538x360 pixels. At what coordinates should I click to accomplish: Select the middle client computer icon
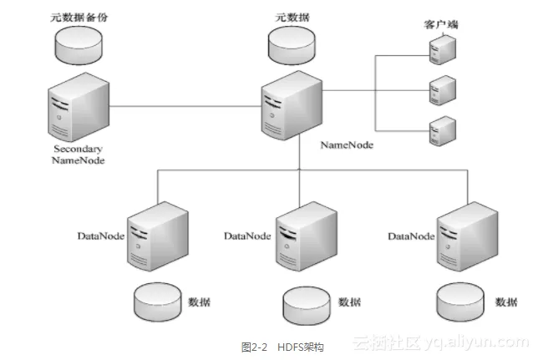[x=440, y=90]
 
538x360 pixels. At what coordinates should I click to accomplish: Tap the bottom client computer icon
[x=440, y=130]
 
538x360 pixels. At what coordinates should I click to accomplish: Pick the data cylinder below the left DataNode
[x=158, y=298]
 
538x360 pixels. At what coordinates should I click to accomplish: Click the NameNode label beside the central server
[x=347, y=145]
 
